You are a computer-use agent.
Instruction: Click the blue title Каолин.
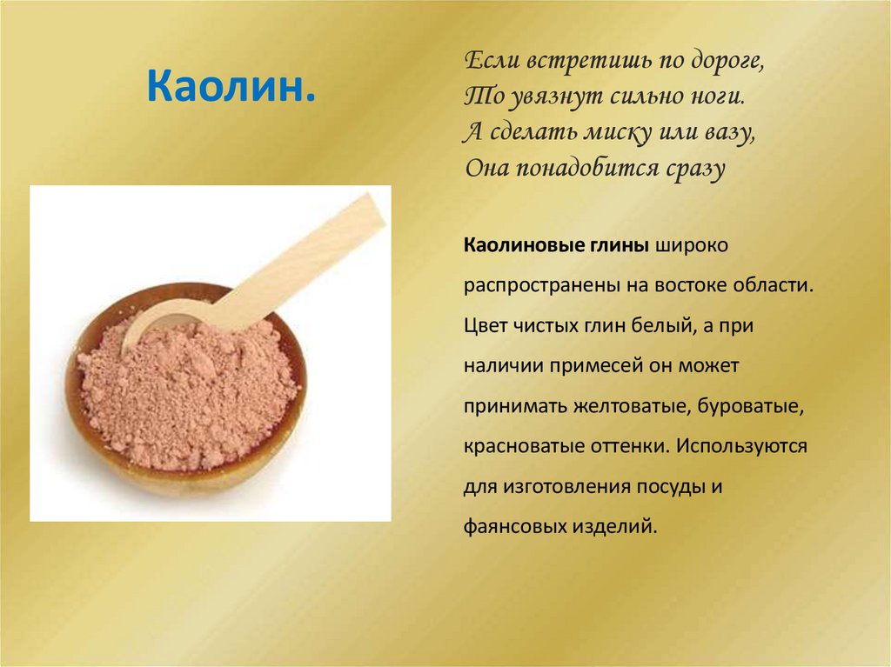click(x=231, y=87)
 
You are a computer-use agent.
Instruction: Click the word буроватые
click(x=756, y=405)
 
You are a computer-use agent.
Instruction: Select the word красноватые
click(x=517, y=445)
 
